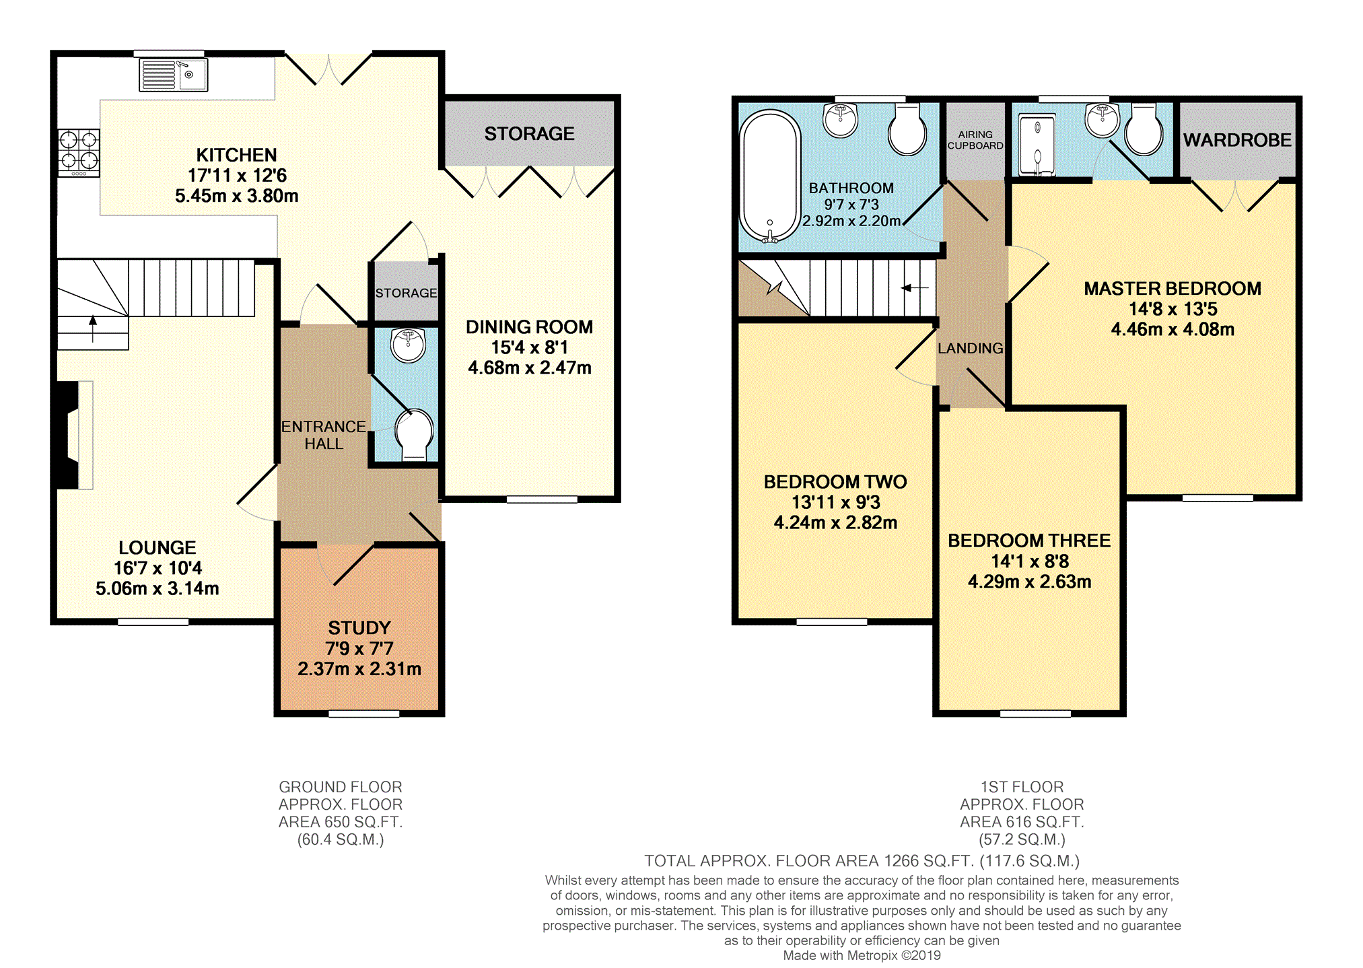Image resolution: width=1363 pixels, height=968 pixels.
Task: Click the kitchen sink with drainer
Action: (174, 75)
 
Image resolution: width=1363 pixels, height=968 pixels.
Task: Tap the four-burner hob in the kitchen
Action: (79, 153)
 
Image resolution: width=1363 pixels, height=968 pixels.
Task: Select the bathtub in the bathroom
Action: (770, 176)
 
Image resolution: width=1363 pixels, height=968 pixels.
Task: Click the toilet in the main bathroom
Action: (907, 129)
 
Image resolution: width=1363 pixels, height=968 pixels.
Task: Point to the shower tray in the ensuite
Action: (1037, 145)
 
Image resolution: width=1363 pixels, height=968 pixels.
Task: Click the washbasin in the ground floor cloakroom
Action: (408, 345)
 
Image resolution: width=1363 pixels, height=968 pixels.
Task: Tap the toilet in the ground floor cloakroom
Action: (414, 435)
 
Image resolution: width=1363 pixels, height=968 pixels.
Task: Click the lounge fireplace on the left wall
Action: (74, 435)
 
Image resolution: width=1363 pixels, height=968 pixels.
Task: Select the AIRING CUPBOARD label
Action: (975, 140)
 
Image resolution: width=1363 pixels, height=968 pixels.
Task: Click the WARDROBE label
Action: (1237, 140)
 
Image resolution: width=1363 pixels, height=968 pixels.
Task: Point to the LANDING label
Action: (970, 348)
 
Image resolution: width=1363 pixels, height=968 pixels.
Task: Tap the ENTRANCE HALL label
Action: (324, 435)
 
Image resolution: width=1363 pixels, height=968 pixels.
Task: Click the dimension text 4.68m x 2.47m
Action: (530, 368)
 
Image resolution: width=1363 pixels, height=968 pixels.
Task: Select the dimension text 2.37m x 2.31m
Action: (359, 668)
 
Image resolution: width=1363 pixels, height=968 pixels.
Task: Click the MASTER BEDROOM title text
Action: (1173, 288)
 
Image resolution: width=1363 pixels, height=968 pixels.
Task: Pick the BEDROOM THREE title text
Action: (1029, 541)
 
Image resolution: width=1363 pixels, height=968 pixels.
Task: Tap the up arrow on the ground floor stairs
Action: (93, 329)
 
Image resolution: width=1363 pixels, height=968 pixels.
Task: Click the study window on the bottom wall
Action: (363, 714)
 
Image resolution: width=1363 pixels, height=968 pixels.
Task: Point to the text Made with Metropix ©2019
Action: (862, 955)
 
